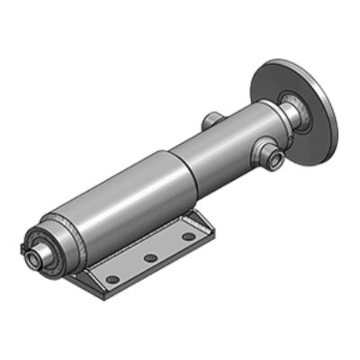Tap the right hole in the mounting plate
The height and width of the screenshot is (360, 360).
(x=187, y=237)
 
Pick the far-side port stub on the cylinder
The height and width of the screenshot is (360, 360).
(x=212, y=119)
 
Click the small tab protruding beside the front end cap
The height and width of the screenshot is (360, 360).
(x=23, y=246)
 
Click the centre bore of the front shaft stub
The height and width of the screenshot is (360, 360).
(x=33, y=257)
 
